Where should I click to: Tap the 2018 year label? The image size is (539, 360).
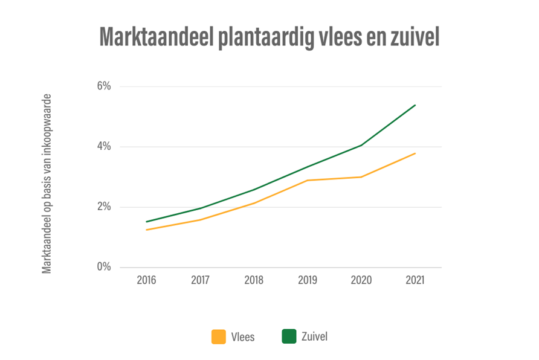[x=254, y=280]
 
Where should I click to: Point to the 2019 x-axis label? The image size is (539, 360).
[x=308, y=280]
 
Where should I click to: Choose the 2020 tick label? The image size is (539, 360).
[x=361, y=280]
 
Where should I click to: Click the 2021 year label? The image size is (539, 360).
[x=415, y=280]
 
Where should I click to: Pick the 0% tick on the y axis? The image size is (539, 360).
[x=104, y=267]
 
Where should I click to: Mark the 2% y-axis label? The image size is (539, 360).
[x=104, y=207]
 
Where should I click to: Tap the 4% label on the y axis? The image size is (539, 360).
[x=104, y=146]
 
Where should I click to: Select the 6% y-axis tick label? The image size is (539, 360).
[x=104, y=86]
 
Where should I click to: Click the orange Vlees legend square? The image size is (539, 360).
[x=219, y=336]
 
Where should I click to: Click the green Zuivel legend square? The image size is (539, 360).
[x=289, y=336]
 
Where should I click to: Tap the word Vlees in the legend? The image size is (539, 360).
[x=243, y=337]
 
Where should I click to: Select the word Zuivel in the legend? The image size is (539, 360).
[x=314, y=336]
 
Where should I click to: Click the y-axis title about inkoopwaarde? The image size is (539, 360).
[x=47, y=183]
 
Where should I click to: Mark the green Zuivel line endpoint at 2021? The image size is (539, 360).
[x=416, y=105]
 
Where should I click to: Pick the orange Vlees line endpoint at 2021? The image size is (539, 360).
[x=416, y=153]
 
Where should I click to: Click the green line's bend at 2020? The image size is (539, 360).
[x=361, y=145]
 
